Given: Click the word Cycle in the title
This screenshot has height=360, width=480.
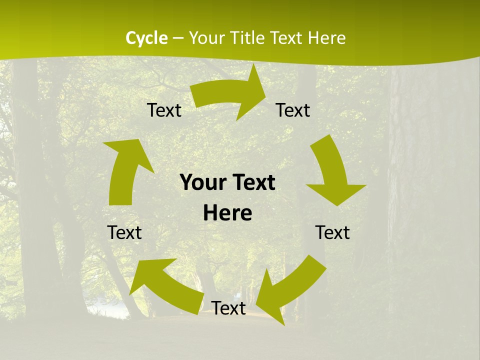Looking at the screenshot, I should [146, 38].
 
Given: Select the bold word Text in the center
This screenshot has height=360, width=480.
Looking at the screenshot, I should [252, 182].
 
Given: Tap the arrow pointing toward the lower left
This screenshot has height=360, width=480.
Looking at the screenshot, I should [290, 290].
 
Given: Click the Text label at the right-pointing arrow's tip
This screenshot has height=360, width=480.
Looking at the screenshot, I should [293, 110].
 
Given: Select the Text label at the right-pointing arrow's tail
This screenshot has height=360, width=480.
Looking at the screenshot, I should [164, 110].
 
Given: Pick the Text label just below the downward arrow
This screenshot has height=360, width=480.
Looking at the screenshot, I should [332, 232].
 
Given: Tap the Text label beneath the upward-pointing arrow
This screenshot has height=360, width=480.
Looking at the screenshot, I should [124, 232].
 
